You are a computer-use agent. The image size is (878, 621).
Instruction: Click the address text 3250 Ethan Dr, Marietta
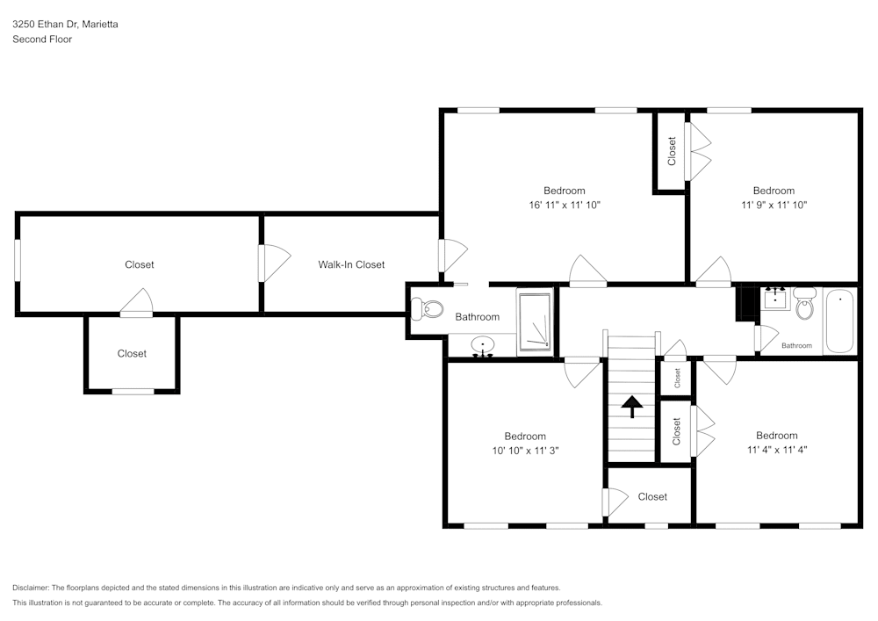coord(65,25)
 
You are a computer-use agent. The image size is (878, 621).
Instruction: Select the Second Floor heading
coord(42,40)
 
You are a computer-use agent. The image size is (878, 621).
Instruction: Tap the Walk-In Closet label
coord(351,264)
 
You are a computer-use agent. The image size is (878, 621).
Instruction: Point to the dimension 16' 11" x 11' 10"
coord(564,205)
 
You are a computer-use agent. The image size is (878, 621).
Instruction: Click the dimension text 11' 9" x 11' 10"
coord(774,205)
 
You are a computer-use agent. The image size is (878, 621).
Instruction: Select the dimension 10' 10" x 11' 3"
coord(524,450)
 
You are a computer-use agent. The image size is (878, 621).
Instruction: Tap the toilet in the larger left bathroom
coord(428,309)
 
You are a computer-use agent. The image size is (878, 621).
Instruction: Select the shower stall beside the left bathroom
coord(535,322)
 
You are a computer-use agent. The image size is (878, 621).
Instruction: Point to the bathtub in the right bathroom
coord(839,321)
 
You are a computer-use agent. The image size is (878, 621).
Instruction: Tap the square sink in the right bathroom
coord(775,299)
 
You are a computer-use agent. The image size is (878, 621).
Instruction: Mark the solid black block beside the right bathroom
coord(747,304)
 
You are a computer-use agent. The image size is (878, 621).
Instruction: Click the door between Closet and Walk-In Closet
coord(263,264)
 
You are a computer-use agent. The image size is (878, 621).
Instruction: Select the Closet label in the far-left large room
coord(139,264)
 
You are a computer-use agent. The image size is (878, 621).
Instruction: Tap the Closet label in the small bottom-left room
coord(132,353)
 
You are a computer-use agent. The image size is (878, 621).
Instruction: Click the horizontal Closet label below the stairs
coord(652,496)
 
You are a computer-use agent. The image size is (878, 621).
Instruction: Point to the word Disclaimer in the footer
coord(31,588)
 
